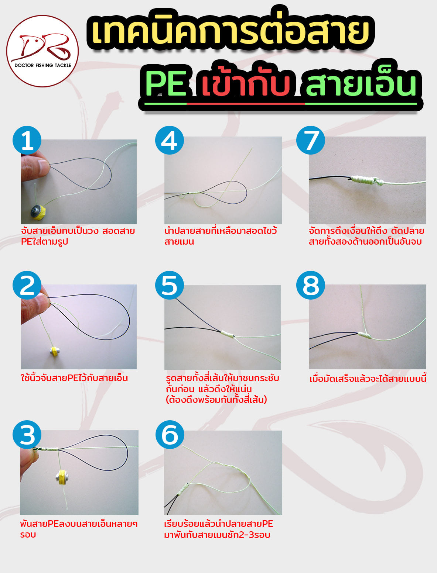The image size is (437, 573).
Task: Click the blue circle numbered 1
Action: (27, 140)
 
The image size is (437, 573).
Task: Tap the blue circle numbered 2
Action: (27, 285)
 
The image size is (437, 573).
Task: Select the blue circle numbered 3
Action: (27, 434)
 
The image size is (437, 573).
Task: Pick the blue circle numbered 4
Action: (169, 140)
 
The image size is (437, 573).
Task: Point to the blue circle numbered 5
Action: (169, 285)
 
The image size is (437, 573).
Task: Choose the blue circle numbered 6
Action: (170, 434)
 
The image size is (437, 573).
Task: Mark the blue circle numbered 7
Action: (311, 140)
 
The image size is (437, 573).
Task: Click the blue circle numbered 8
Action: (311, 285)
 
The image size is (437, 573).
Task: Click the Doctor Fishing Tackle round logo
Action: (42, 51)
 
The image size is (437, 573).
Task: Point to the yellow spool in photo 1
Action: (38, 211)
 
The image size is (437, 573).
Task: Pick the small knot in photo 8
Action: (365, 335)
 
